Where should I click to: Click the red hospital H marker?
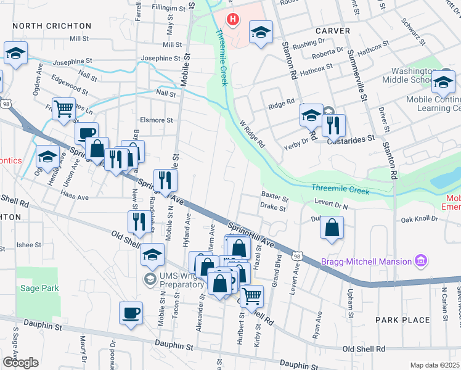232,20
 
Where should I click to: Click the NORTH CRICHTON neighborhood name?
51,26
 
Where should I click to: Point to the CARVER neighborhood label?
333,30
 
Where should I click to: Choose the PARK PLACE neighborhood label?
403,319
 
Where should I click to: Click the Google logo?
20,362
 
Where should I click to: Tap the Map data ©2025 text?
434,365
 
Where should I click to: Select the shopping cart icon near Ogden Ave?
63,109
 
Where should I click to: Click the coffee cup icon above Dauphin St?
130,313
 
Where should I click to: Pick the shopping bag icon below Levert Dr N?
332,228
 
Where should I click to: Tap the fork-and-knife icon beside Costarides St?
333,125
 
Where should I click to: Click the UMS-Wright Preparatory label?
173,281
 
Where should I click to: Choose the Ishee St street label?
28,245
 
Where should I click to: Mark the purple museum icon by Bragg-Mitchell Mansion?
421,261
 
